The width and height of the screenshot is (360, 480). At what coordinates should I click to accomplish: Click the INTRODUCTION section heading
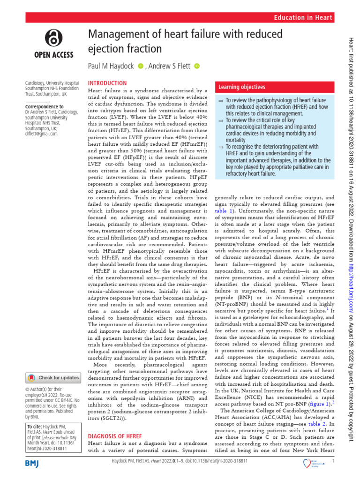107,82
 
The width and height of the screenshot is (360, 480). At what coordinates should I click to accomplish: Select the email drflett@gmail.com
41,134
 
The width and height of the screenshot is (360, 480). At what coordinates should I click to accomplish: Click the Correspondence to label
45,106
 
